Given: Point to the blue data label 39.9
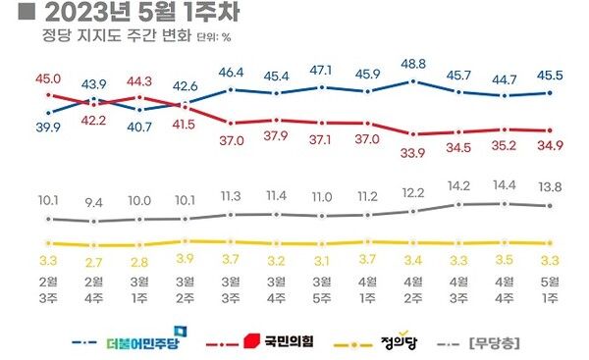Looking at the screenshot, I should (48, 129).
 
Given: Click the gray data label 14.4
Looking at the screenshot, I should (503, 183).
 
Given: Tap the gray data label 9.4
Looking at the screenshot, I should (93, 203).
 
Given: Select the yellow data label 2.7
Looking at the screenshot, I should (93, 263).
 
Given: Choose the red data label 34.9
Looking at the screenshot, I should (549, 146).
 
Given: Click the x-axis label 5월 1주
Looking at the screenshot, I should (549, 292).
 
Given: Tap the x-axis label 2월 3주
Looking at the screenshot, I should (48, 292).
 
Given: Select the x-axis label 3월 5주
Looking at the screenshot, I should (323, 292).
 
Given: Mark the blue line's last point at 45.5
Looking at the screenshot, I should (549, 93).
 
